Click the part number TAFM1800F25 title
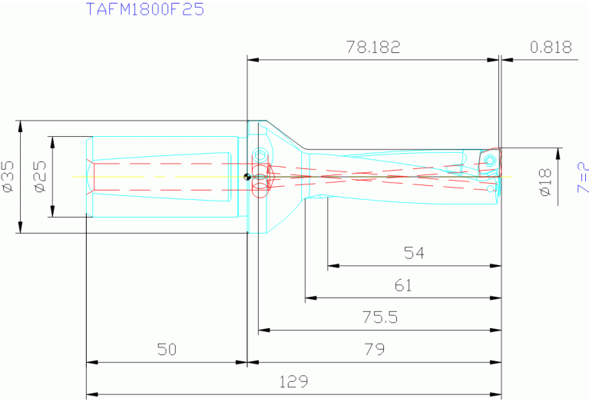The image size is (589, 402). pyautogui.click(x=144, y=11)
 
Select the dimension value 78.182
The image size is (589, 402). pyautogui.click(x=373, y=47)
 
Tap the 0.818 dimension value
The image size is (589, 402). pyautogui.click(x=551, y=47)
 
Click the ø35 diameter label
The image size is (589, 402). pyautogui.click(x=8, y=176)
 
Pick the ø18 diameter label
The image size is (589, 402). pyautogui.click(x=545, y=181)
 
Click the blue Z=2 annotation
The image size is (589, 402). pyautogui.click(x=581, y=177)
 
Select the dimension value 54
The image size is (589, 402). pyautogui.click(x=414, y=253)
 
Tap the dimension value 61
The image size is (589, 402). pyautogui.click(x=403, y=285)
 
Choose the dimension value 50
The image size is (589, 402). pyautogui.click(x=166, y=349)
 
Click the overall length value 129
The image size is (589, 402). pyautogui.click(x=293, y=381)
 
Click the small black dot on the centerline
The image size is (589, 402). pyautogui.click(x=247, y=177)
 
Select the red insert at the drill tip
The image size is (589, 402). pyautogui.click(x=489, y=160)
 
